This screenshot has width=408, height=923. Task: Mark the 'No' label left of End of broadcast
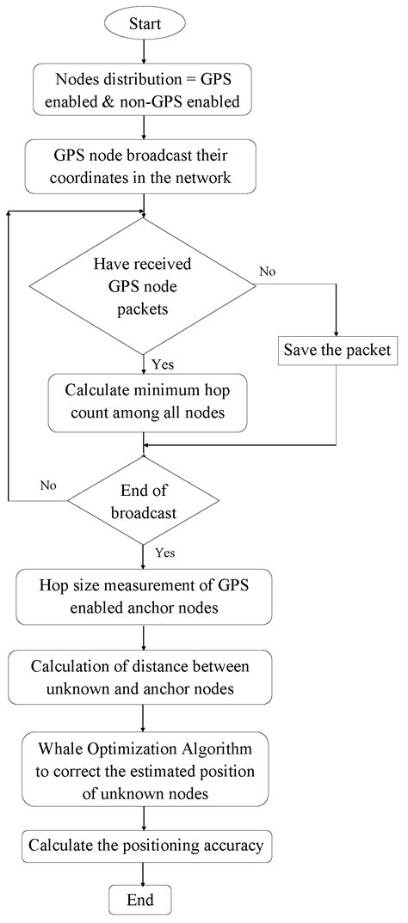tap(47, 486)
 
